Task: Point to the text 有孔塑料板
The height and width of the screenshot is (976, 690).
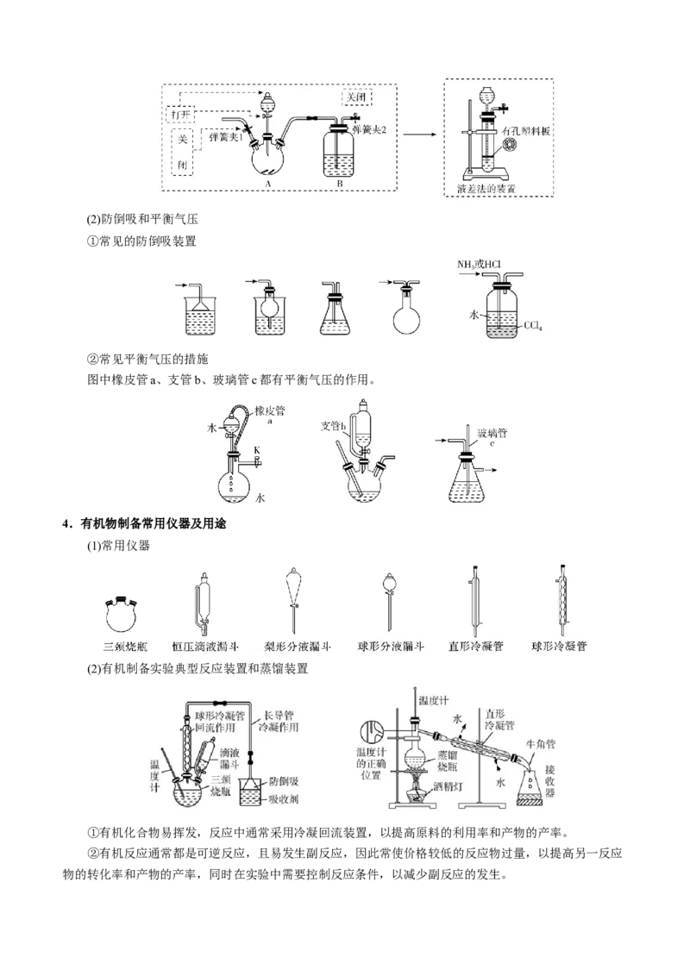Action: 528,128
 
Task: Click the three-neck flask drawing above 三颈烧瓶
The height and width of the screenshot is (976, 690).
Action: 122,613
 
